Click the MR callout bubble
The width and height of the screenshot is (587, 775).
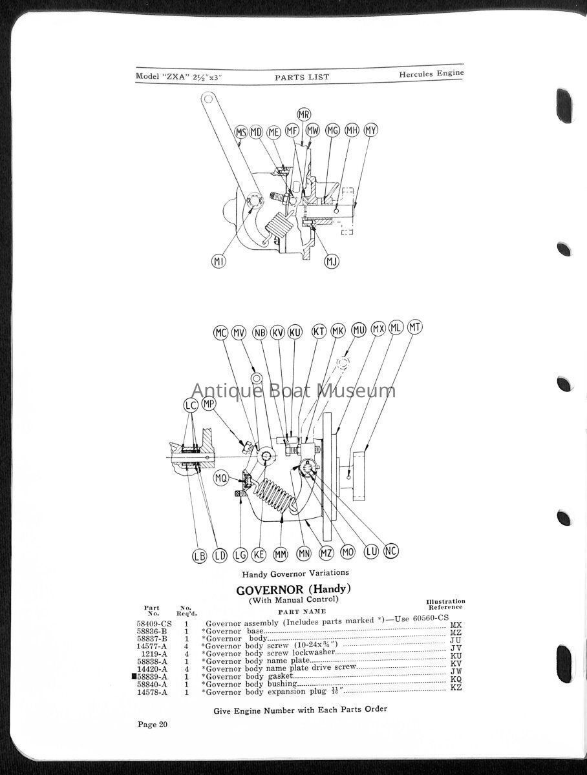pyautogui.click(x=304, y=114)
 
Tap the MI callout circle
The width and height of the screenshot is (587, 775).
pyautogui.click(x=219, y=262)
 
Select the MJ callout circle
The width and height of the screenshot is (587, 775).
pyautogui.click(x=332, y=262)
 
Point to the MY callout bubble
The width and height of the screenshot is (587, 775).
pyautogui.click(x=370, y=130)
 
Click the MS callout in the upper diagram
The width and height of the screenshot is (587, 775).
pyautogui.click(x=241, y=133)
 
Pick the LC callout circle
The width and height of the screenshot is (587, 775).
pyautogui.click(x=191, y=406)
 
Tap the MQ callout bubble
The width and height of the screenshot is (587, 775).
pyautogui.click(x=221, y=479)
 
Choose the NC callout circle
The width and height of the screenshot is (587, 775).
pyautogui.click(x=391, y=551)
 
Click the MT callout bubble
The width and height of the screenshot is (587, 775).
pyautogui.click(x=415, y=327)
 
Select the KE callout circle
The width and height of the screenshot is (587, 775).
pyautogui.click(x=259, y=555)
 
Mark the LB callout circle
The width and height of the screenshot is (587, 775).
pyautogui.click(x=199, y=556)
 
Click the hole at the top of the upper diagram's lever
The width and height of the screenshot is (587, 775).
pyautogui.click(x=208, y=99)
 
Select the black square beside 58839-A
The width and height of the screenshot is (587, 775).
pyautogui.click(x=134, y=676)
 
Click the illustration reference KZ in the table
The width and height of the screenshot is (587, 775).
pyautogui.click(x=456, y=687)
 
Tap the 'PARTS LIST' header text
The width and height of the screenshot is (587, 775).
pyautogui.click(x=302, y=77)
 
